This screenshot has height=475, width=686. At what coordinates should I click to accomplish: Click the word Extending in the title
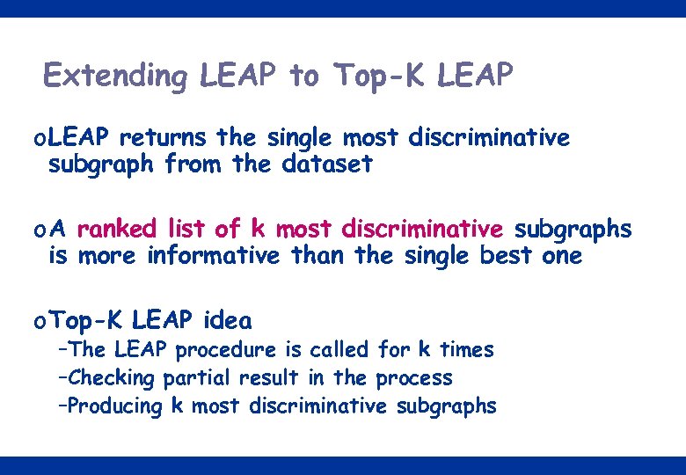(x=114, y=77)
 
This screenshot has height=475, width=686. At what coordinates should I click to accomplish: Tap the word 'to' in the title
(x=303, y=76)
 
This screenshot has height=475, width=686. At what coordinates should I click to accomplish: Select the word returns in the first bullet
(x=164, y=138)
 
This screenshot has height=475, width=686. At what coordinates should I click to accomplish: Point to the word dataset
(x=327, y=164)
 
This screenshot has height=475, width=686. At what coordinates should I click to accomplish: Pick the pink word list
(x=186, y=230)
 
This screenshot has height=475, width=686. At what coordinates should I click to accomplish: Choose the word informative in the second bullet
(x=213, y=256)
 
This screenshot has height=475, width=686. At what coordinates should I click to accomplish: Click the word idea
(x=227, y=320)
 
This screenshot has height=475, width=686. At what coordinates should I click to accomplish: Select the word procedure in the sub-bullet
(x=225, y=350)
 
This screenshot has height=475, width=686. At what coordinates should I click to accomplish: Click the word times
(x=467, y=349)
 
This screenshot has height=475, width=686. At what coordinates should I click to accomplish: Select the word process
(x=414, y=378)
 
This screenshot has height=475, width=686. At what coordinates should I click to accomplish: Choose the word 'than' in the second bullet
(x=314, y=256)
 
